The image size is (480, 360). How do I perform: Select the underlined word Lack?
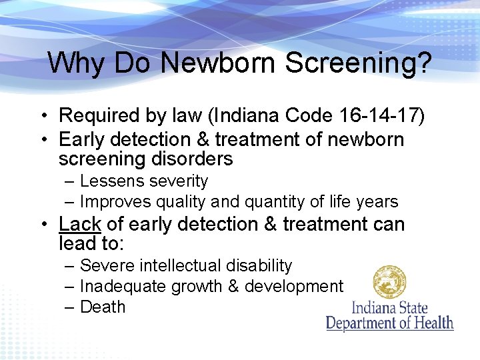tap(80, 224)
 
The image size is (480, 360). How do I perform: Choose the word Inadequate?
tap(123, 286)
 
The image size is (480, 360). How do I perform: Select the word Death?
tap(103, 307)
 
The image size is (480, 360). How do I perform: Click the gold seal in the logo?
tap(389, 281)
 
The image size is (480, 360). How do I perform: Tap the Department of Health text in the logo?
tap(390, 323)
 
